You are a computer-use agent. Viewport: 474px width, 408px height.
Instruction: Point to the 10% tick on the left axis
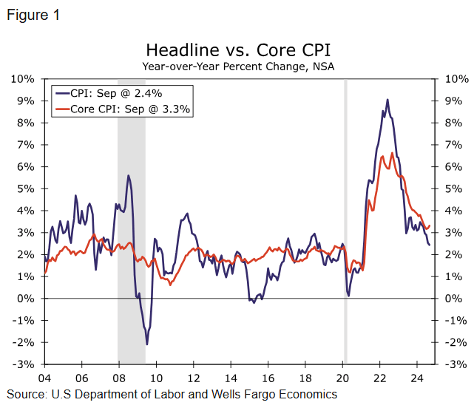tap(21, 78)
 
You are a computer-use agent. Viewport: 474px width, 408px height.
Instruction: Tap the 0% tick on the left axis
tap(24, 299)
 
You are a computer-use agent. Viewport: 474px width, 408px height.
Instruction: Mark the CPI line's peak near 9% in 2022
tap(387, 100)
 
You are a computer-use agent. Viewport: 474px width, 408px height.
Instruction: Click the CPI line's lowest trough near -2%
tap(146, 344)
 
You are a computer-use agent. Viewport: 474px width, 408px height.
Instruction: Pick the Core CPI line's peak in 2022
tap(392, 153)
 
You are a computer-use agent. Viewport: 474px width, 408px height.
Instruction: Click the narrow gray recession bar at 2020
tap(345, 222)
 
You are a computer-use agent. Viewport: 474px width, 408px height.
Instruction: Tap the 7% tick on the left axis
tap(24, 144)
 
